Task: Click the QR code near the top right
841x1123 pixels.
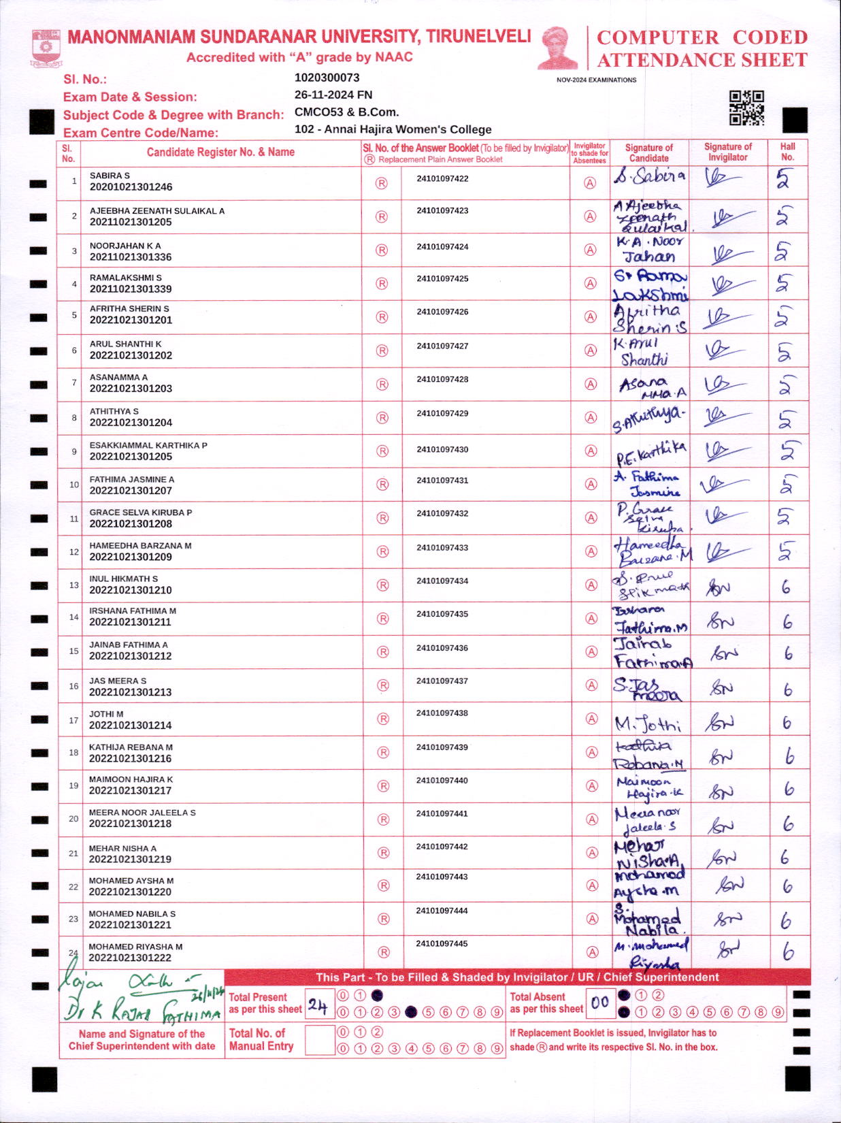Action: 746,108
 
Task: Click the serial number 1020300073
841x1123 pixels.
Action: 327,78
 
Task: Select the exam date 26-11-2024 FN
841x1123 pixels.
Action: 333,95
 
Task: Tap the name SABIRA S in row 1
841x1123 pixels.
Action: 110,176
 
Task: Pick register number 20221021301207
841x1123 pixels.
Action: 131,491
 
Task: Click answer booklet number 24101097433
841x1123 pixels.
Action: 442,547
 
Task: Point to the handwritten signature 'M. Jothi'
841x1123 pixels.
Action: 647,723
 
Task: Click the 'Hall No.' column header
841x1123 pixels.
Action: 787,152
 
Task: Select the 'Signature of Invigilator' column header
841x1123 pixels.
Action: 727,152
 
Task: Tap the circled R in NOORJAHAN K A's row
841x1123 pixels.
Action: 382,250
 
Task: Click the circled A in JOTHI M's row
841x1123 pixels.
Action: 591,719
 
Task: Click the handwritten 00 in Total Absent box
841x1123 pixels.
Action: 599,1003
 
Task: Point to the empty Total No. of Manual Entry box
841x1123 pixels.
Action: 319,1040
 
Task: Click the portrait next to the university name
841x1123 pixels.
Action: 557,48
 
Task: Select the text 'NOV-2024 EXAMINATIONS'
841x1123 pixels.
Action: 596,80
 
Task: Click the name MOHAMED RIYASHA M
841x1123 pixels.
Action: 135,947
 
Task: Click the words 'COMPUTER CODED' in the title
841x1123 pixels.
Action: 702,37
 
